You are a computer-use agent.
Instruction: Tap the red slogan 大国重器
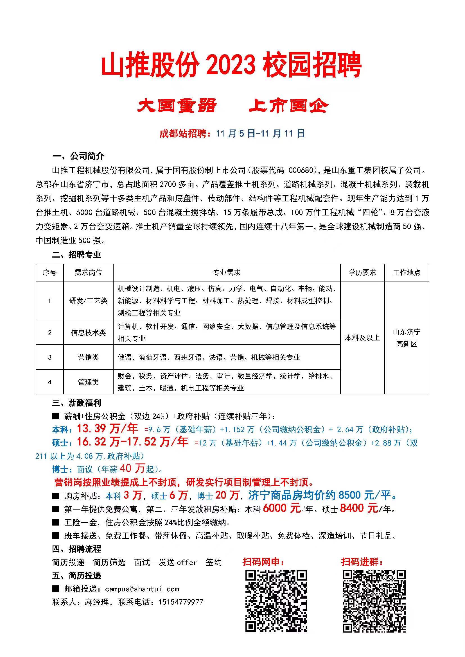(177, 106)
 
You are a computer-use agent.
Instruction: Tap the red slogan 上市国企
(289, 106)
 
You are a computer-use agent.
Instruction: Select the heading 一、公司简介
(78, 156)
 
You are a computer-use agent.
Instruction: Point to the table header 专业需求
(227, 272)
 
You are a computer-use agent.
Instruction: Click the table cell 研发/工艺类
(88, 301)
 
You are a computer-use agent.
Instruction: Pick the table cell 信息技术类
(88, 333)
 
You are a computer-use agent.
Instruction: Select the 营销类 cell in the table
(88, 357)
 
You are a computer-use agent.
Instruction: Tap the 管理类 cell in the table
(88, 382)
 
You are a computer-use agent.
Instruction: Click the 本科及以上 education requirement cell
(362, 338)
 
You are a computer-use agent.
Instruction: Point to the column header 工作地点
(406, 272)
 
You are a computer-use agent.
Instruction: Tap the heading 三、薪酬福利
(76, 403)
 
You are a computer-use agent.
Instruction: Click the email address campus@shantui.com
(142, 589)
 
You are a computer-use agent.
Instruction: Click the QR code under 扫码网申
(276, 601)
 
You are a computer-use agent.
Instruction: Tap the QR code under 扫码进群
(374, 601)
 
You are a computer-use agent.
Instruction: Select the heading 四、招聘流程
(76, 549)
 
